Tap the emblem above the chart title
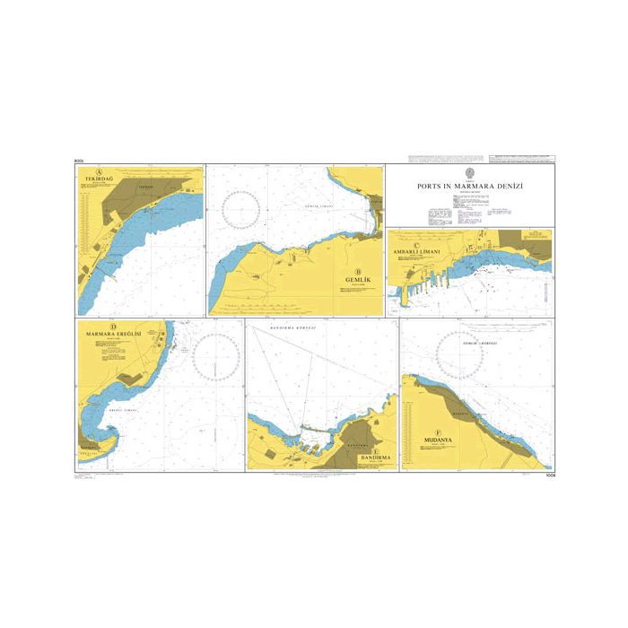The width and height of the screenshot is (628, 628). (x=470, y=173)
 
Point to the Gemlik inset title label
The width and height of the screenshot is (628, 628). (x=358, y=281)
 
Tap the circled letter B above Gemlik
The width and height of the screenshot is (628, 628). (x=358, y=272)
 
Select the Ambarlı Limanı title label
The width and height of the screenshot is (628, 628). (x=423, y=248)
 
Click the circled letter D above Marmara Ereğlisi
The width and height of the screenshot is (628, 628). (x=112, y=327)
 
